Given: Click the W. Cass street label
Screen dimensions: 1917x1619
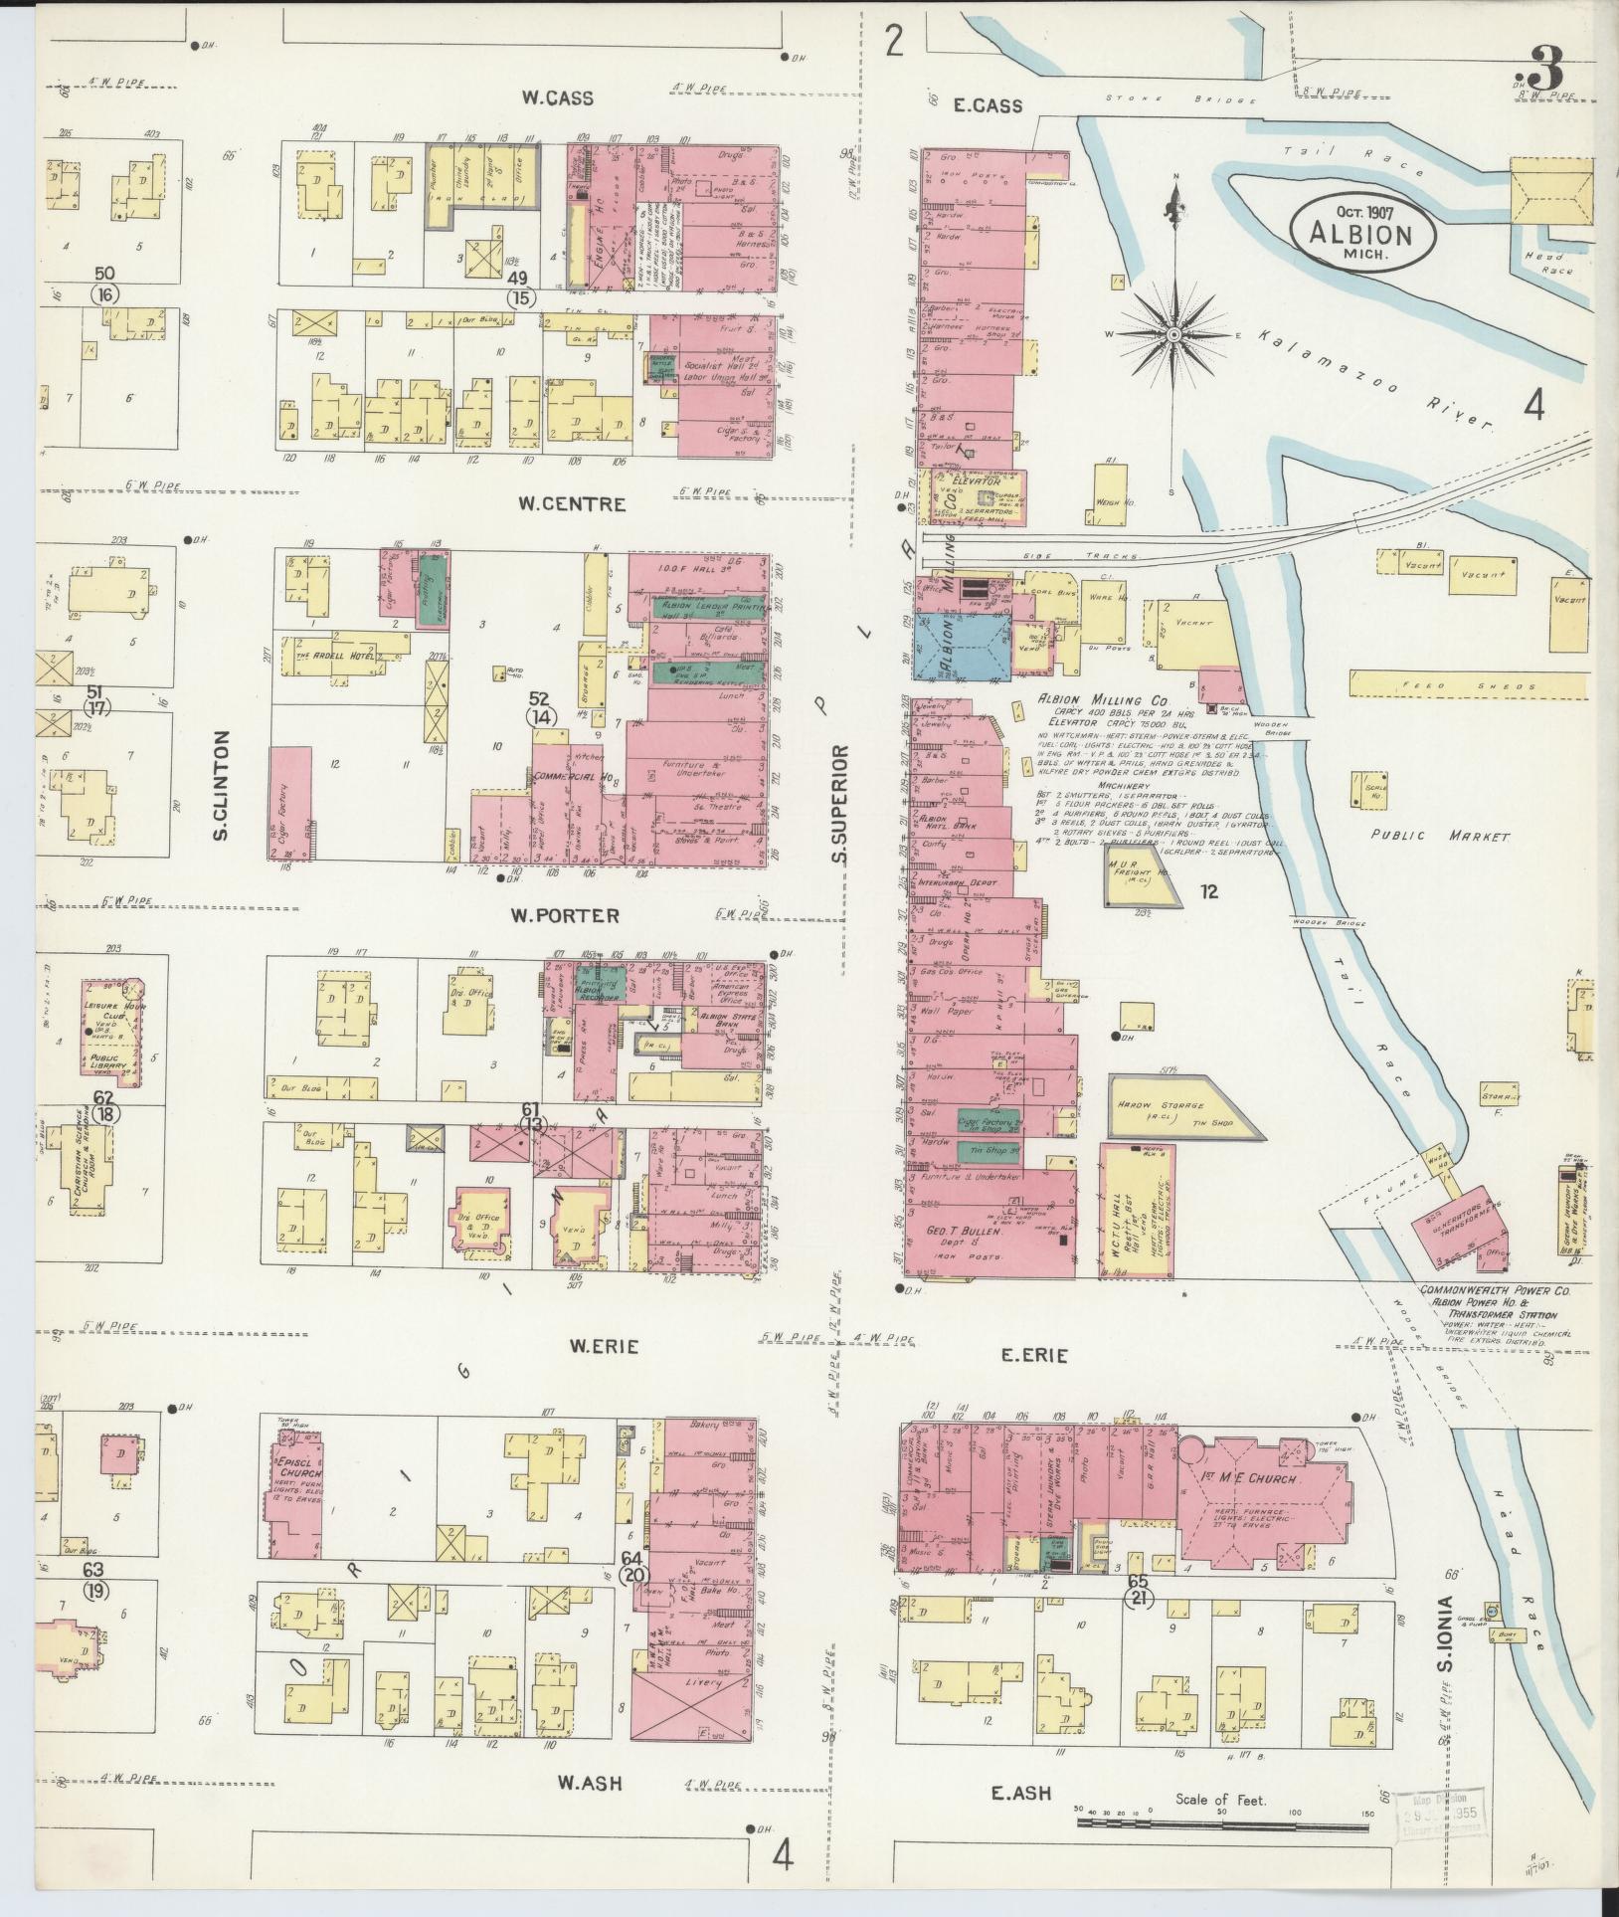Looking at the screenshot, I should pyautogui.click(x=558, y=97).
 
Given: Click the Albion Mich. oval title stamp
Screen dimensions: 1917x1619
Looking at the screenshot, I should pyautogui.click(x=1362, y=235).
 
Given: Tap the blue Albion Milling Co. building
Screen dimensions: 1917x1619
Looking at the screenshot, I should pyautogui.click(x=961, y=645).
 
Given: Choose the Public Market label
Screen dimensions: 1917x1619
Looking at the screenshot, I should pyautogui.click(x=1440, y=837).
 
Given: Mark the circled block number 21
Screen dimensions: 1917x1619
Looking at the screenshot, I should pyautogui.click(x=1137, y=1597).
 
